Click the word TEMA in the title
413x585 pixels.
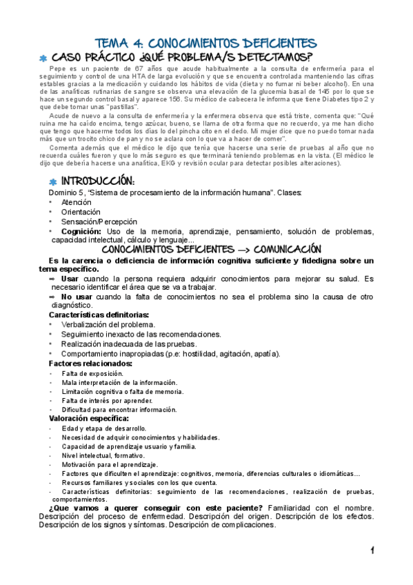(109, 43)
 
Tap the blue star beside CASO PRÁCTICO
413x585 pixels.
(43, 58)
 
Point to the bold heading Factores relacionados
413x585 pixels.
(90, 363)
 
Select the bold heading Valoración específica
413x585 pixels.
(88, 418)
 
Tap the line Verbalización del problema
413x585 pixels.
(108, 324)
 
